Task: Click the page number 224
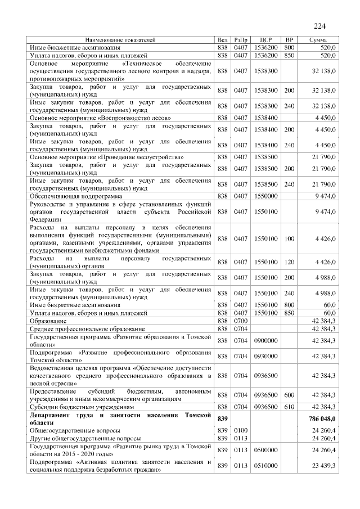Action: point(319,26)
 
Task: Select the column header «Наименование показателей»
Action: point(120,40)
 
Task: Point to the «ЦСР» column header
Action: point(267,40)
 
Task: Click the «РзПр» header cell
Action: point(241,40)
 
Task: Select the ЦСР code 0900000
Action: point(267,341)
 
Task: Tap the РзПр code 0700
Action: point(241,320)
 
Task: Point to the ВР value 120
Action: point(289,262)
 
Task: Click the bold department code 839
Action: point(222,419)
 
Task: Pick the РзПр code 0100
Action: point(241,430)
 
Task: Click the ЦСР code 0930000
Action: point(267,356)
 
